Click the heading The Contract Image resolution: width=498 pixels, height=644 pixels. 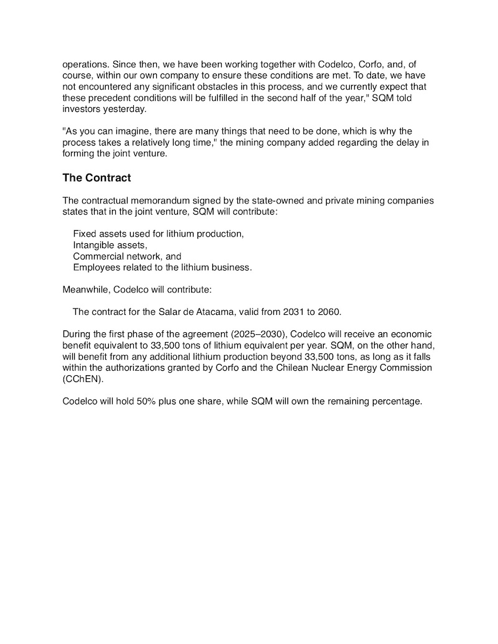(x=96, y=178)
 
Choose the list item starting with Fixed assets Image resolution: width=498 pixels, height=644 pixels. (x=158, y=234)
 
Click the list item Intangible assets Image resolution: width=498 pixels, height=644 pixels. (x=110, y=245)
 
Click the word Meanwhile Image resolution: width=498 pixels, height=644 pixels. (x=86, y=290)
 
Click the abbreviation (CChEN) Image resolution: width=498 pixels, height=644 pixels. (x=83, y=379)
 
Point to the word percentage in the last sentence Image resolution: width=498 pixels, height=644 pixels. (x=395, y=401)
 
